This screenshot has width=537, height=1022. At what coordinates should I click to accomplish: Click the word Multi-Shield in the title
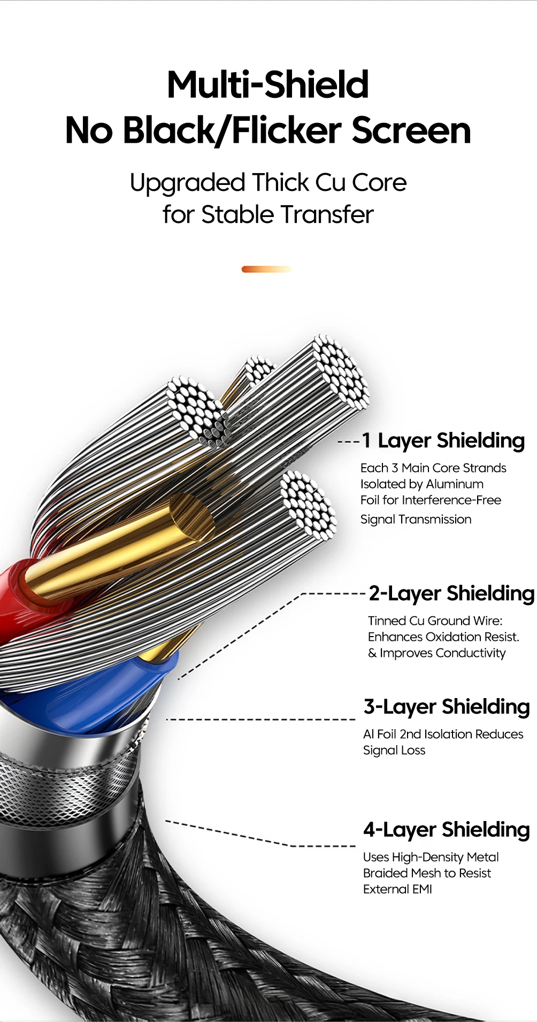(x=268, y=84)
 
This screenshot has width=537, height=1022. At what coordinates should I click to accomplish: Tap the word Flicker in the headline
(x=287, y=130)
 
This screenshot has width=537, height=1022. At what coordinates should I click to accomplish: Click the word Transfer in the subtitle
(x=327, y=214)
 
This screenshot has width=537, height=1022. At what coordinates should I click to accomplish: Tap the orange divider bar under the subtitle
(x=266, y=269)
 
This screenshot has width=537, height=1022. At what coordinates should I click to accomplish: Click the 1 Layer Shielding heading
(x=443, y=440)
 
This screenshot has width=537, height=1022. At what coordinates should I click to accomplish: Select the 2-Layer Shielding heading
(x=451, y=593)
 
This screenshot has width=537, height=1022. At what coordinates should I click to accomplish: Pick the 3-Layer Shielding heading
(x=447, y=707)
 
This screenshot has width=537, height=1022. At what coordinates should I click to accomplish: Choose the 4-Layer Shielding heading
(x=447, y=830)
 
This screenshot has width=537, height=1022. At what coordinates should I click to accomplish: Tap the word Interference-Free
(x=451, y=500)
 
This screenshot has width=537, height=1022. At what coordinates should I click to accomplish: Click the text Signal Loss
(x=394, y=750)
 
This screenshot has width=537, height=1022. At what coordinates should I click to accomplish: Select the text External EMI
(x=397, y=889)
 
